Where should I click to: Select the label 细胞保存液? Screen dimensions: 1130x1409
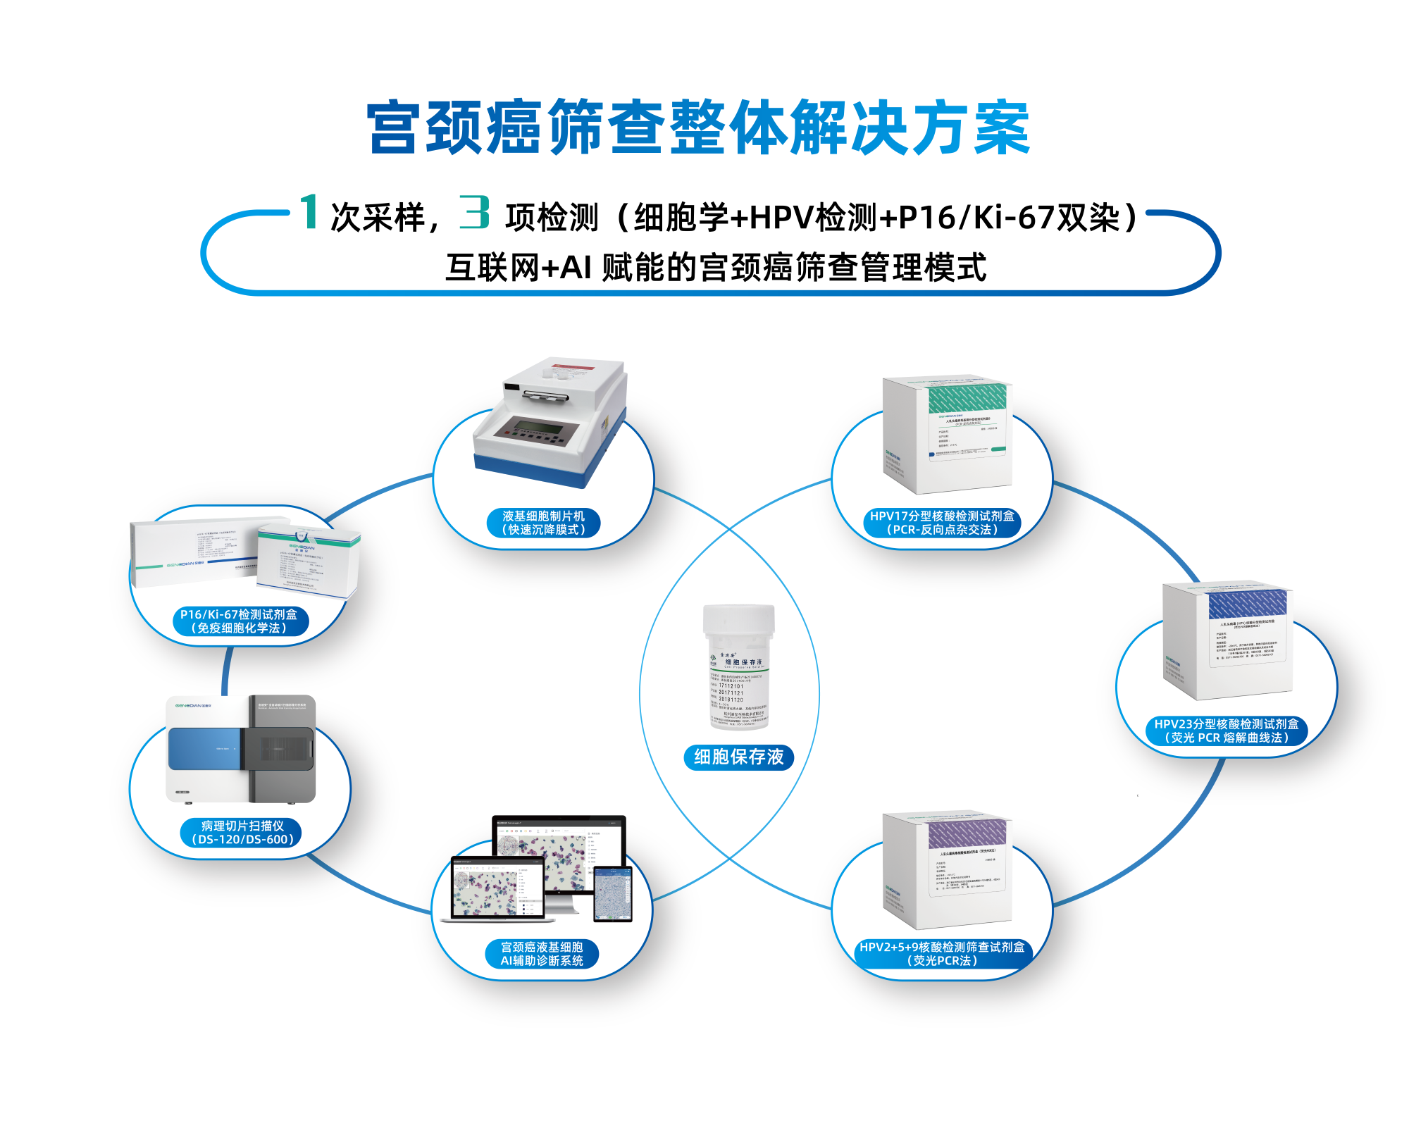(x=738, y=757)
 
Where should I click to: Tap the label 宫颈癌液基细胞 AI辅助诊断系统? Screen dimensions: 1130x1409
(x=542, y=954)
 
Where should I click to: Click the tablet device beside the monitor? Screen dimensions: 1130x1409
(x=612, y=894)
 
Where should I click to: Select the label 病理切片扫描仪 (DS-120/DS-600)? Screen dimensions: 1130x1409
(x=242, y=833)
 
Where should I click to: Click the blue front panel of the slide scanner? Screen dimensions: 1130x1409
(x=205, y=749)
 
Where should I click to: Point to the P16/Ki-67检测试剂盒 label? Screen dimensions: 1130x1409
(x=239, y=621)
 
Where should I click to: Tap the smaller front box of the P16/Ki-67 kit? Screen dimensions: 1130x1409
(x=307, y=560)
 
